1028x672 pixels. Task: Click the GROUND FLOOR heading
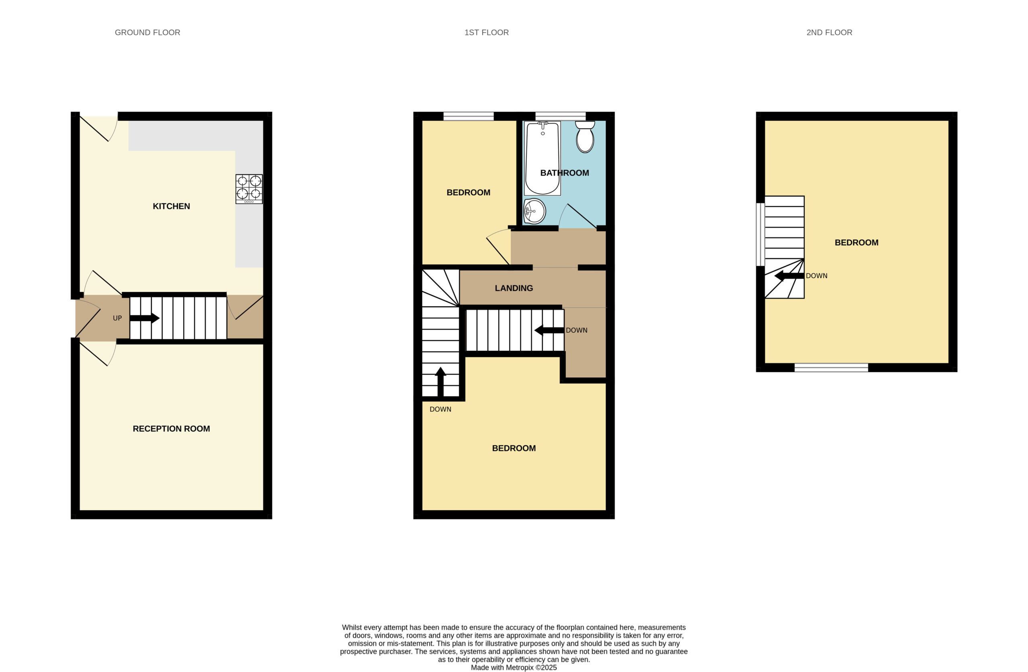(x=147, y=33)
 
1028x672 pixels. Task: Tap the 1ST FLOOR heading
(x=486, y=33)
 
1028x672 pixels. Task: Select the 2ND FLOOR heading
(x=829, y=33)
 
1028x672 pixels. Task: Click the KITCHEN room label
(x=171, y=206)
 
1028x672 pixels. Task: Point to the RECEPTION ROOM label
(x=171, y=428)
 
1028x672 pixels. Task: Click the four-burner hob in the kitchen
(x=249, y=189)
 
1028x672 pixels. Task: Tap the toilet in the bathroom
(x=585, y=136)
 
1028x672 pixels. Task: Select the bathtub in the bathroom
(x=543, y=158)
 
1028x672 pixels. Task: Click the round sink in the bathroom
(x=534, y=211)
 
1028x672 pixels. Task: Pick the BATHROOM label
(x=565, y=173)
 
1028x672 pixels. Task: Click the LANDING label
(x=514, y=288)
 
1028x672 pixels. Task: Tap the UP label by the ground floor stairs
(x=117, y=318)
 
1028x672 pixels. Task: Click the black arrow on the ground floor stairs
(x=145, y=318)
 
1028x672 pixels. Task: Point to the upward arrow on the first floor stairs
(x=440, y=382)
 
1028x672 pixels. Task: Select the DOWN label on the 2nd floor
(x=816, y=275)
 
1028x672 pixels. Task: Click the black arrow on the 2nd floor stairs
(x=789, y=275)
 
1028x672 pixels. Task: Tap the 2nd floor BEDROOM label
(x=856, y=242)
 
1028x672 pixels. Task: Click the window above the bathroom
(x=560, y=116)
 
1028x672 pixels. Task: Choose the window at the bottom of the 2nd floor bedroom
(x=831, y=368)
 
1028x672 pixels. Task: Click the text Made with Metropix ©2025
(x=514, y=667)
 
